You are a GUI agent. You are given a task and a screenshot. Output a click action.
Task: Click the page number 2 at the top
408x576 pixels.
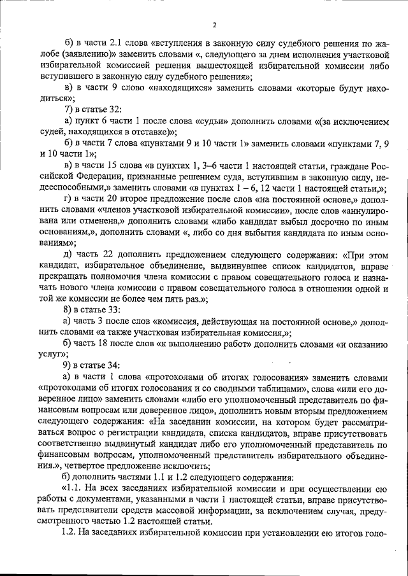[x=215, y=25]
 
